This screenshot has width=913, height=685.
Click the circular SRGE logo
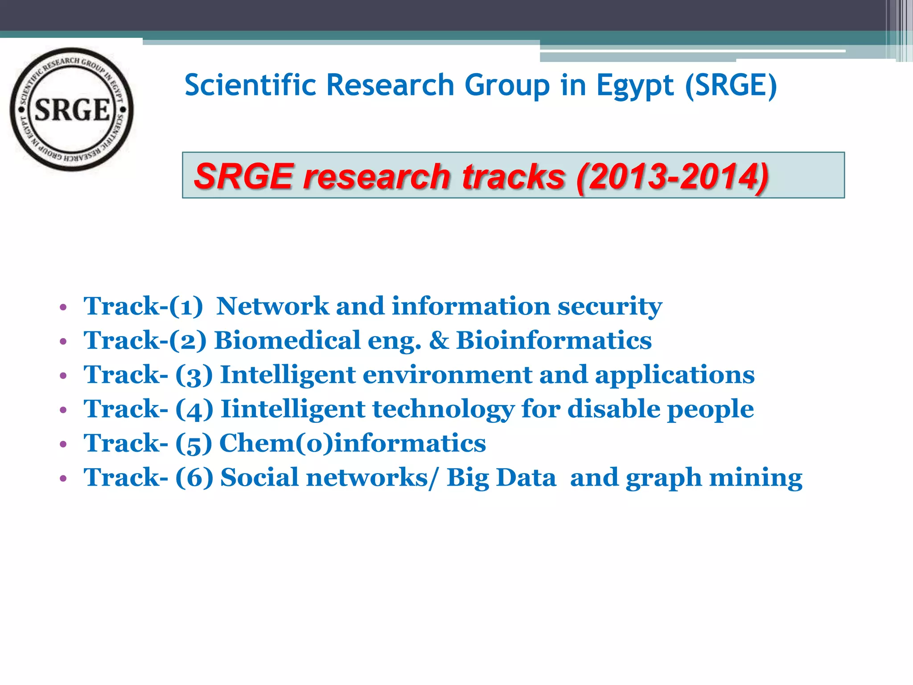point(71,109)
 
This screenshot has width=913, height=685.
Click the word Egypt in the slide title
point(635,86)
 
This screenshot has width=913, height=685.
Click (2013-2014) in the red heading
point(672,176)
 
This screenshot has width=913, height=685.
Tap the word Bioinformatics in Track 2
point(554,340)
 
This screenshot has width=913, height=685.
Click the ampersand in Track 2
point(439,341)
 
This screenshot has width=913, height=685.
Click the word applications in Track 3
point(674,376)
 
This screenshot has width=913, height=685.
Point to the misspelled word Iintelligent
point(293,409)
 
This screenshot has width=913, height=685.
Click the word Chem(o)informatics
point(352,443)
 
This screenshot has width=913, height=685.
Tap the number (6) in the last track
point(194,478)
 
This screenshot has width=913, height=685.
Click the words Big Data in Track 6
point(501,478)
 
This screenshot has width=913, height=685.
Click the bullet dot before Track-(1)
point(63,307)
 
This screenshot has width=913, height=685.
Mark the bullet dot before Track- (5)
point(63,444)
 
